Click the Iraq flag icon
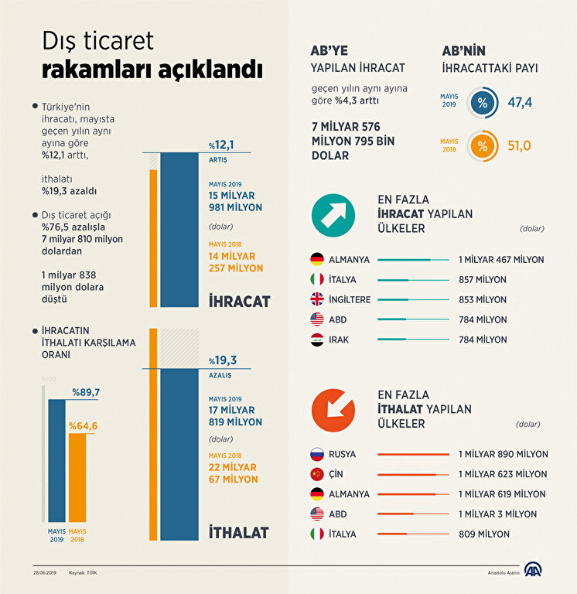coord(317,339)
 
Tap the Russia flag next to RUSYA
coord(317,454)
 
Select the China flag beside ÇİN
coord(317,474)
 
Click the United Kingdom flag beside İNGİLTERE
coord(317,299)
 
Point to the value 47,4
coord(520,102)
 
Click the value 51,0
coord(520,145)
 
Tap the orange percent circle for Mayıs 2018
coord(483,146)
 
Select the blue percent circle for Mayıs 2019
coord(483,103)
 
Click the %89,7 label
coord(87,393)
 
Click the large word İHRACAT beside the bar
coord(239,300)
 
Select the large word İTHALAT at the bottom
coord(239,532)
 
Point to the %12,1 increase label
coord(221,145)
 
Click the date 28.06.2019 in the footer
coord(43,572)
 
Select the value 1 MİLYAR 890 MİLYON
coord(502,454)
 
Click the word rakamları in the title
coord(96,69)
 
